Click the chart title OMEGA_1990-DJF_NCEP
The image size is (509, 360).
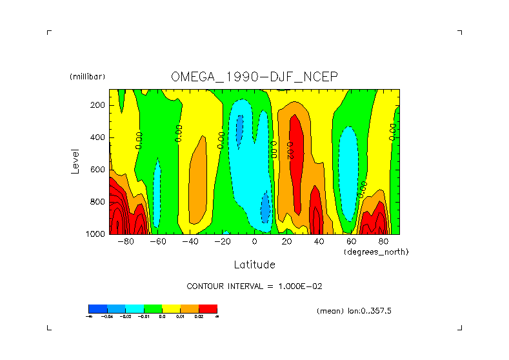[254, 77]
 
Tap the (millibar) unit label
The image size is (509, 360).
[87, 77]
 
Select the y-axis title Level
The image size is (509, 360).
[75, 161]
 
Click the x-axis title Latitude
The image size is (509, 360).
[254, 265]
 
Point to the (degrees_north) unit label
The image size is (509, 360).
[376, 252]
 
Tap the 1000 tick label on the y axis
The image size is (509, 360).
[97, 234]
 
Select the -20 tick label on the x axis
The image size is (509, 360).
[222, 242]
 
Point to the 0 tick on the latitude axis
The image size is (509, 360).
[255, 242]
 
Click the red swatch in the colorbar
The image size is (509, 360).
[208, 308]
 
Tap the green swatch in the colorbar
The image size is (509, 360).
[152, 308]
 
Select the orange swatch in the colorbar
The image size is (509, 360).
[190, 308]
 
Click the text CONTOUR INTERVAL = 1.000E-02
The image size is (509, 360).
[254, 286]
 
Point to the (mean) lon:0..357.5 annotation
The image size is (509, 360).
[354, 311]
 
